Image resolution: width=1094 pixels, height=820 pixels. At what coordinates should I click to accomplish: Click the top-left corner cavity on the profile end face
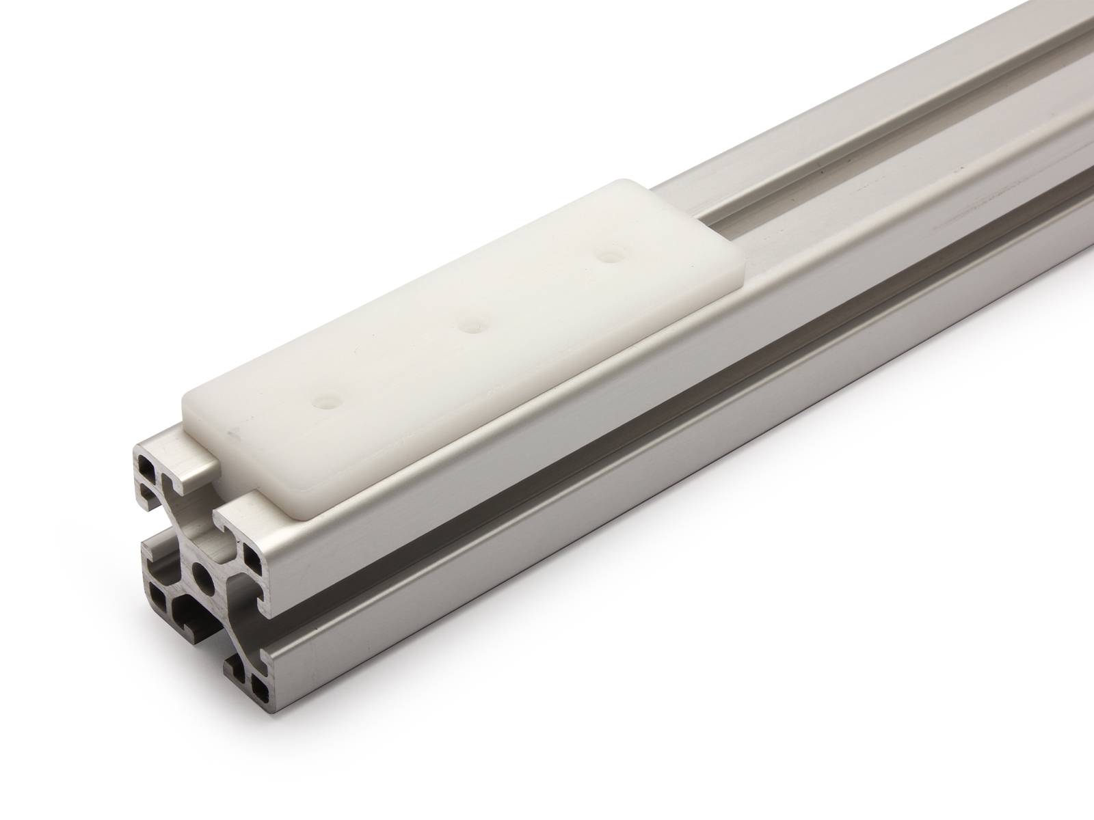148,469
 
